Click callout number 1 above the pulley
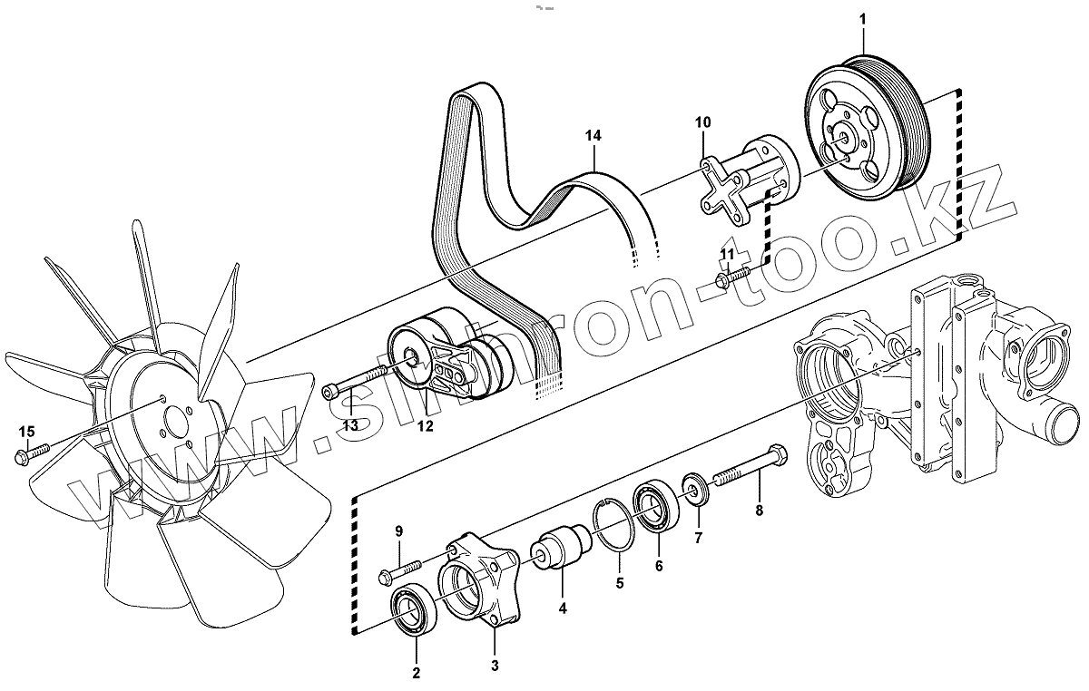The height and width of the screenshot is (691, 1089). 863,19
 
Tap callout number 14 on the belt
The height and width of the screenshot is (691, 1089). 593,136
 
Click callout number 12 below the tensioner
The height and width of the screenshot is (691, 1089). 425,425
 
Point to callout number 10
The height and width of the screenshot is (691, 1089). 702,121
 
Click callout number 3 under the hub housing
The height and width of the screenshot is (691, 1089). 495,667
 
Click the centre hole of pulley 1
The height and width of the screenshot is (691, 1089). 844,137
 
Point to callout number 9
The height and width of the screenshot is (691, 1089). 398,531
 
